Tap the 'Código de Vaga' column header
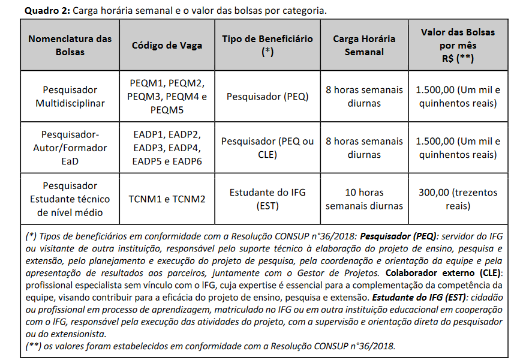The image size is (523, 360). [x=167, y=45]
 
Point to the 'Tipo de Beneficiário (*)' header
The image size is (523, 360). [x=267, y=45]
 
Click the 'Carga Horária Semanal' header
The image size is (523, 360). [x=364, y=45]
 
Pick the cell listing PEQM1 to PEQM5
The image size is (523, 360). [x=167, y=97]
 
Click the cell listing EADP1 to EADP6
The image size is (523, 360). [x=167, y=148]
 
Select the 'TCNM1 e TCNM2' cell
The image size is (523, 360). [x=167, y=199]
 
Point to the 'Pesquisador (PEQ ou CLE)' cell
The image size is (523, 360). [x=267, y=148]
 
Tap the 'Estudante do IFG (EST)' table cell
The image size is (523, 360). [x=267, y=199]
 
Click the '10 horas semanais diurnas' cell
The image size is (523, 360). [x=364, y=199]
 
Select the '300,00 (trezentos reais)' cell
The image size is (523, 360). [x=458, y=199]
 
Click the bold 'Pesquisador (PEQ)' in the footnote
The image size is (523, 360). [x=402, y=236]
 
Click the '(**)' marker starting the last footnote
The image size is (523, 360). [x=34, y=346]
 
